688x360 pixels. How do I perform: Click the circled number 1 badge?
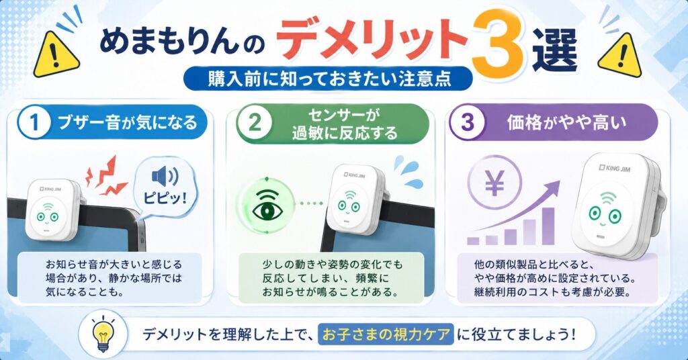(34, 122)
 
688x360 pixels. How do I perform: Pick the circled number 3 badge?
(468, 122)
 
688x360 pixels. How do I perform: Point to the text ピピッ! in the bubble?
(165, 197)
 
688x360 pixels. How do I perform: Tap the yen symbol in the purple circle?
(494, 183)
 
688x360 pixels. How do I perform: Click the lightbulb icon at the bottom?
(103, 333)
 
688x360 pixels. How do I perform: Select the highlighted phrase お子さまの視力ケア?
(386, 334)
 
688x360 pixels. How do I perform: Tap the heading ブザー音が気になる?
(128, 122)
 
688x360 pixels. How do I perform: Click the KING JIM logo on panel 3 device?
(615, 168)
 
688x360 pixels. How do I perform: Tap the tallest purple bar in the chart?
(548, 226)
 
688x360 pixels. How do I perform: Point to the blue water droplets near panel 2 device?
(408, 171)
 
